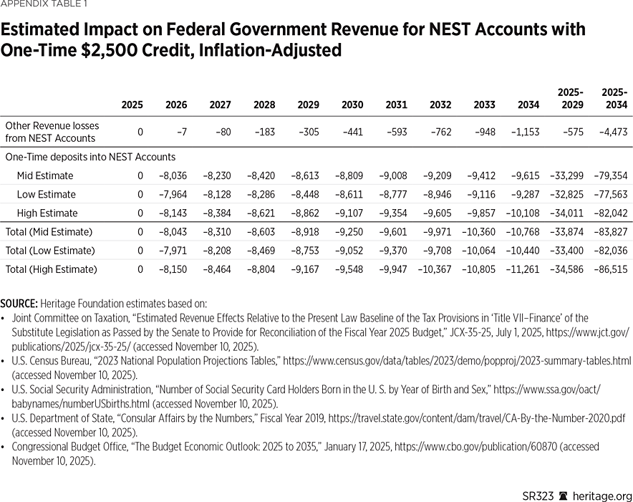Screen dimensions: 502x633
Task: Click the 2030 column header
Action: coord(352,105)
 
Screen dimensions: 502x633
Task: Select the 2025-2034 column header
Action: coord(614,99)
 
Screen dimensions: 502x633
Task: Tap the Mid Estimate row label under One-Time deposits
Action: coord(45,175)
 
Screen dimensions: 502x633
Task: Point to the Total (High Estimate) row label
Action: coord(51,269)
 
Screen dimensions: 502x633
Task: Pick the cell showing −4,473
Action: coord(613,132)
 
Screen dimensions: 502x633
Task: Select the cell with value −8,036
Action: coord(173,175)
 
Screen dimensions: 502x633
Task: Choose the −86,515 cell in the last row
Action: coord(611,269)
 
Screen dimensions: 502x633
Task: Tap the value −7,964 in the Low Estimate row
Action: coord(173,194)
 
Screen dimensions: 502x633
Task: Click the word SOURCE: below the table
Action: coord(21,304)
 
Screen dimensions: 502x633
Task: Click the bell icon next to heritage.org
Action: coord(564,496)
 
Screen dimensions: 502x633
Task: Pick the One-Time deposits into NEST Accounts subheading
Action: coord(90,157)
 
